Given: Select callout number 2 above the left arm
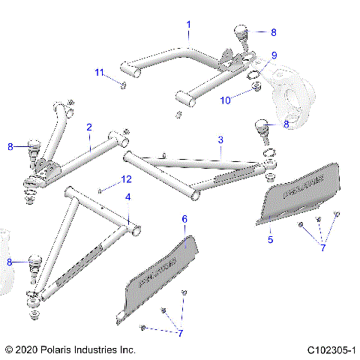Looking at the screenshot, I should pyautogui.click(x=88, y=127).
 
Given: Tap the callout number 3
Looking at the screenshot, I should pyautogui.click(x=220, y=140).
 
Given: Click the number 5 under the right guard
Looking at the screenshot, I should pyautogui.click(x=270, y=240).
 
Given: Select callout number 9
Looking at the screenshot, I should pyautogui.click(x=274, y=55).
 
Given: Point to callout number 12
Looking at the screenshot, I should pyautogui.click(x=127, y=179).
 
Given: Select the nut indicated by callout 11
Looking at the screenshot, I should pyautogui.click(x=121, y=85).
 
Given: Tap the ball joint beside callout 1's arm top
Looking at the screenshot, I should pyautogui.click(x=241, y=36).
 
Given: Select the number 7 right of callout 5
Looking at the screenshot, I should pyautogui.click(x=324, y=246).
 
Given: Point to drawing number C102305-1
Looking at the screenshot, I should pyautogui.click(x=330, y=350).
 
